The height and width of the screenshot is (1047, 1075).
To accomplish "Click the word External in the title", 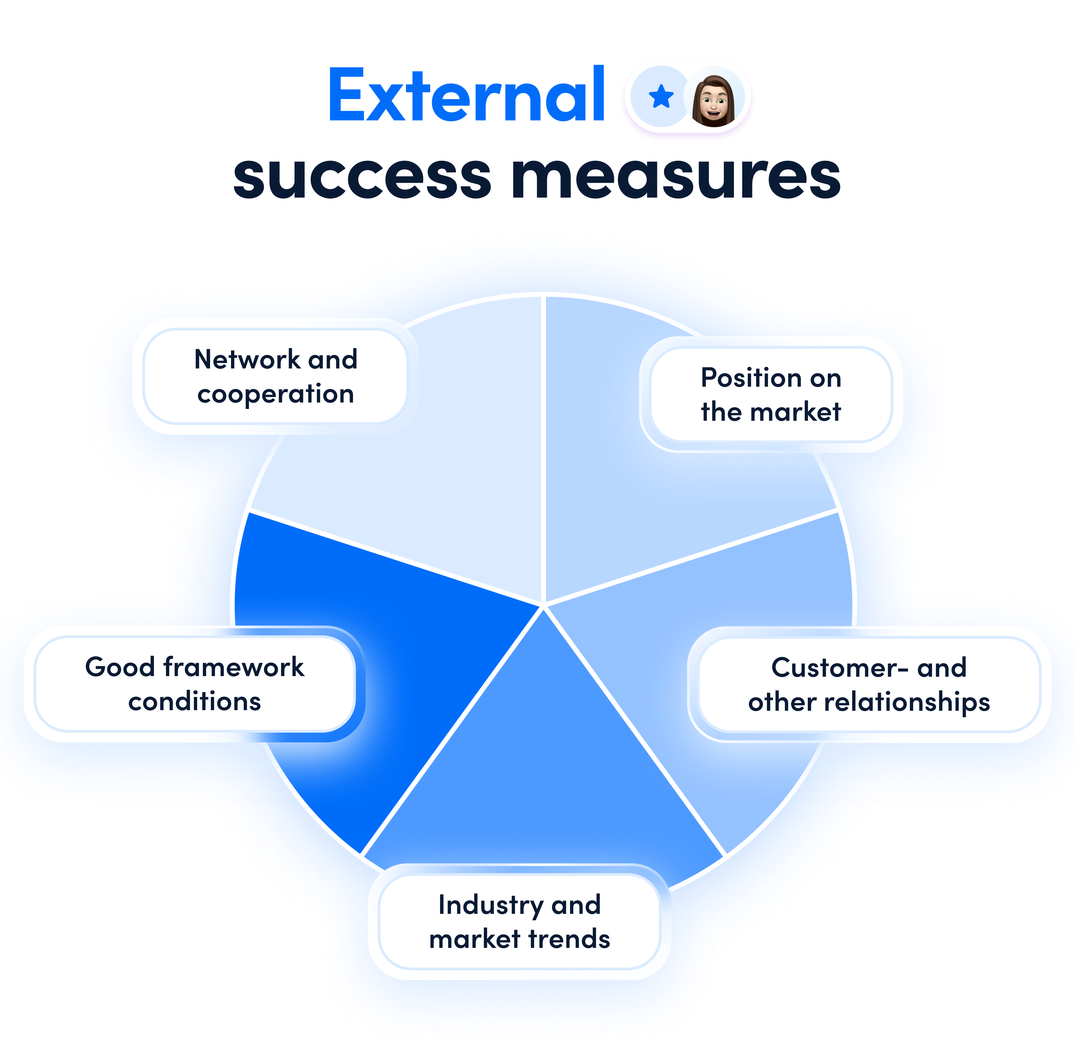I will coord(466,95).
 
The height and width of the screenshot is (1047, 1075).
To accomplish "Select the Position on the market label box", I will coord(771,394).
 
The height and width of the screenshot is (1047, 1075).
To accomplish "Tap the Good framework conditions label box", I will coord(195,684).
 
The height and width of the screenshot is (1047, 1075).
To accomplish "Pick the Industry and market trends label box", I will coord(520,922).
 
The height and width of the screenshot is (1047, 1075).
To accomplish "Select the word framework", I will coord(234,667).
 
